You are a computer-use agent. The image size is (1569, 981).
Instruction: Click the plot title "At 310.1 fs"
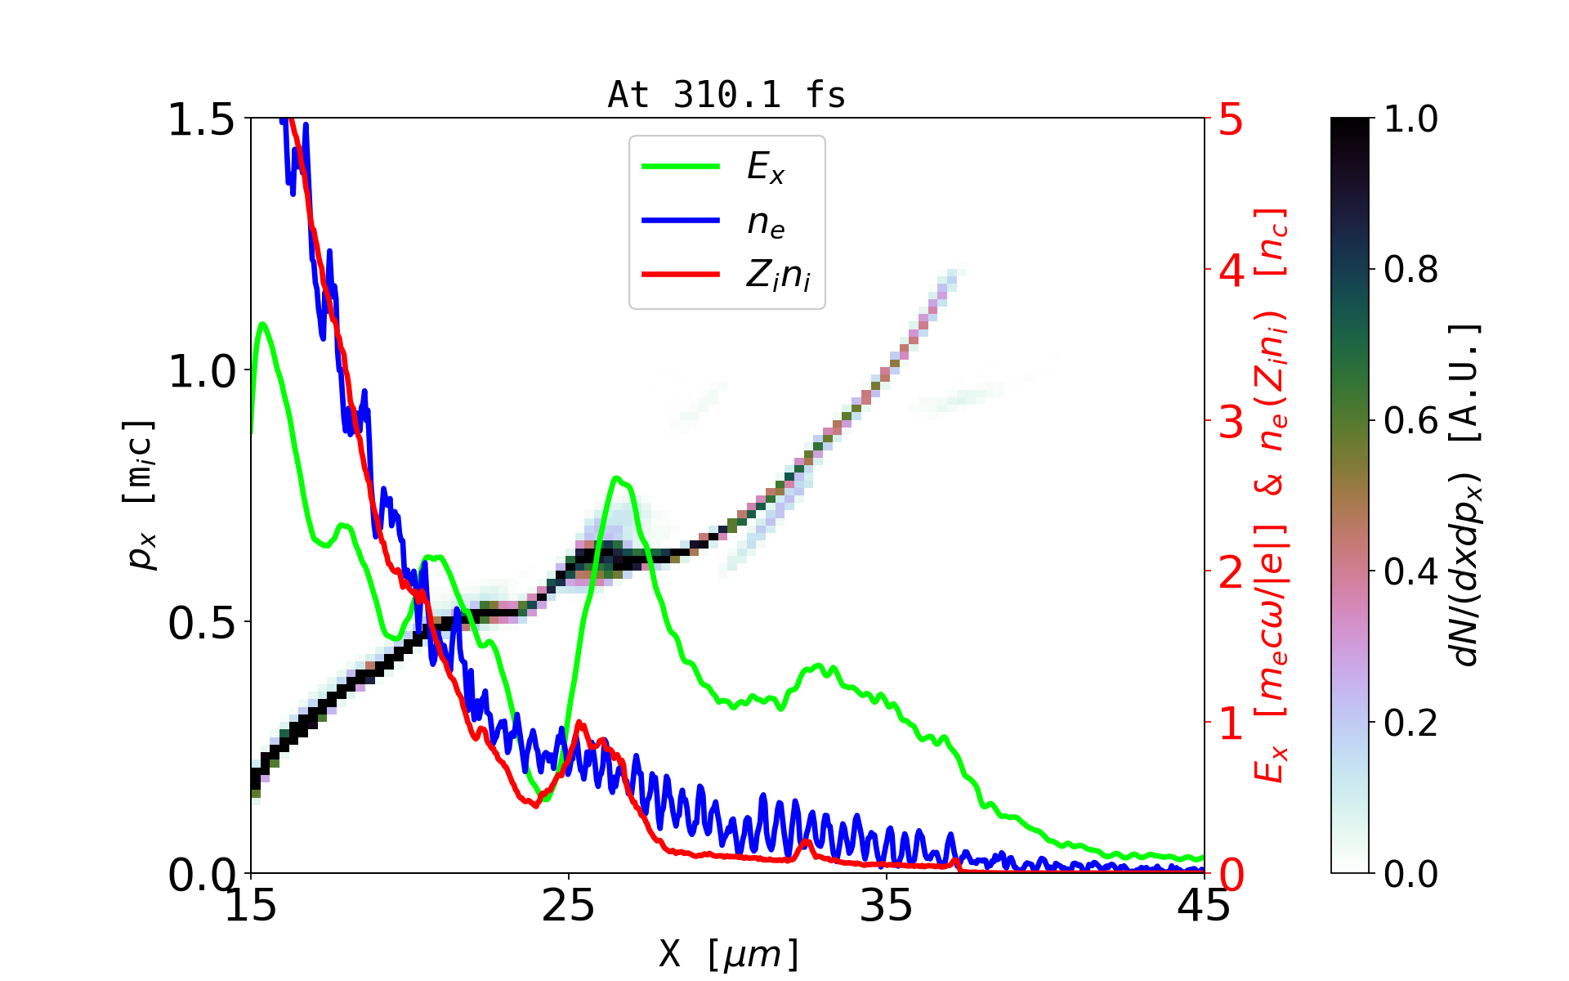[x=726, y=96]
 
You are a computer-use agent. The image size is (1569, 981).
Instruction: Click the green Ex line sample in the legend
[x=681, y=167]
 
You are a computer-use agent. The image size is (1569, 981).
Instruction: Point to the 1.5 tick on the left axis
[x=201, y=119]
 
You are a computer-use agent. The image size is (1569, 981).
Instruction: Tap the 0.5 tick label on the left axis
[x=201, y=623]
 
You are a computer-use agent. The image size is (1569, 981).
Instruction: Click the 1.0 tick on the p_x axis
[x=201, y=372]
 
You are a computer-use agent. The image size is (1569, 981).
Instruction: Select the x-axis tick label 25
[x=568, y=906]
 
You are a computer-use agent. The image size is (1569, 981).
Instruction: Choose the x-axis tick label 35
[x=887, y=906]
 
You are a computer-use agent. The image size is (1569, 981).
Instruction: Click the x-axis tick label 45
[x=1204, y=906]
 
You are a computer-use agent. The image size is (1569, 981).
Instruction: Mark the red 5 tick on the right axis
[x=1231, y=119]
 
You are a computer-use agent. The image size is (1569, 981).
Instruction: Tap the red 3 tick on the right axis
[x=1231, y=422]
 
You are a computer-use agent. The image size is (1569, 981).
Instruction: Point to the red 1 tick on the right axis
[x=1231, y=723]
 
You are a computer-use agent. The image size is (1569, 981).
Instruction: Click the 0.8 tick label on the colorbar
[x=1410, y=269]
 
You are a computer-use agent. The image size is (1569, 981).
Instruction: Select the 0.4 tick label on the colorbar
[x=1410, y=571]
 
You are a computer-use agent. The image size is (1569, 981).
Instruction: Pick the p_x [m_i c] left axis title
[x=140, y=495]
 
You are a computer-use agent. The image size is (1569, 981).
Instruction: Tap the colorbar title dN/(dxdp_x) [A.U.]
[x=1467, y=495]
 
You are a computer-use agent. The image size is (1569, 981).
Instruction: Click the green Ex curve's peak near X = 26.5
[x=617, y=478]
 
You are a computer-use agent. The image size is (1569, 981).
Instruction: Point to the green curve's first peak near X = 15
[x=262, y=324]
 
